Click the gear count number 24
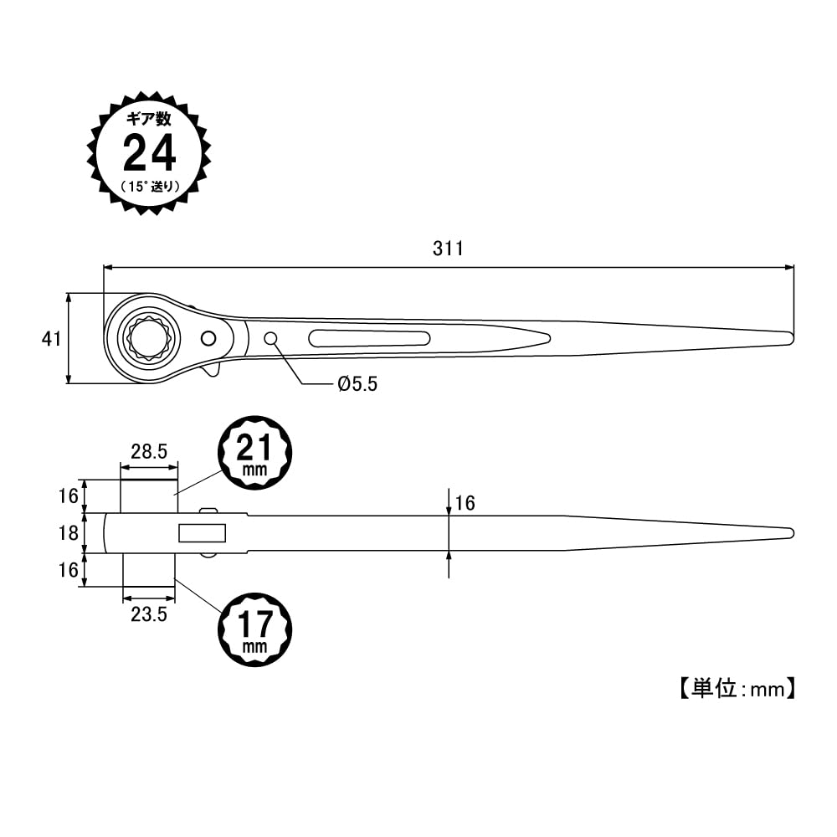(x=150, y=153)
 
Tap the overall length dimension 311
(x=448, y=249)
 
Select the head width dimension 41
(x=52, y=339)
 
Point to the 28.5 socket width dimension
(x=149, y=451)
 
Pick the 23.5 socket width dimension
(x=149, y=614)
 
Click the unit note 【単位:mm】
(x=733, y=689)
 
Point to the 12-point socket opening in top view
(x=147, y=338)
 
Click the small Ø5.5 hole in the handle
(x=271, y=338)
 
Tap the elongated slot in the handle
(x=369, y=338)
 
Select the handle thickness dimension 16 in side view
(x=464, y=503)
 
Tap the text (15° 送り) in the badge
(x=150, y=186)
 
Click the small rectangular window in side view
(x=202, y=533)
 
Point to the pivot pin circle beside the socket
(x=207, y=338)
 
